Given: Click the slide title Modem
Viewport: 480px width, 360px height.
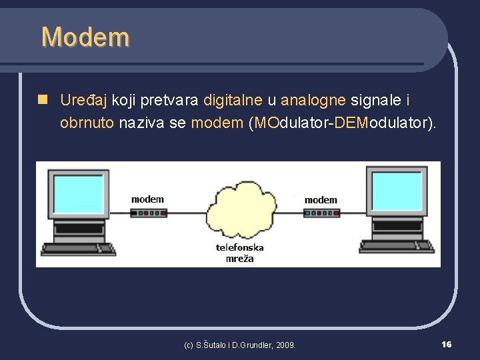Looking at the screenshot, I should pos(85,37).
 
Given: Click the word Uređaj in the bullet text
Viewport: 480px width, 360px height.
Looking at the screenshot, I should pos(85,101).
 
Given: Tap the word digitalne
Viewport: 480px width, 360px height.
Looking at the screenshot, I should pos(233,101).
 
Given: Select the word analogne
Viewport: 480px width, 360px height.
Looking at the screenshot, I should pos(313,101).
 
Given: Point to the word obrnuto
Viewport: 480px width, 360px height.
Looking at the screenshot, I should pos(87,123).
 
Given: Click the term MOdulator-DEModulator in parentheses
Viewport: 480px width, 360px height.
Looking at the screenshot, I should pos(342,123).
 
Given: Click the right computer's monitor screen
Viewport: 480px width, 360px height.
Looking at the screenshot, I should pos(397,191).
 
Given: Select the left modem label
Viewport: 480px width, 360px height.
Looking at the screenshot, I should pos(147,199).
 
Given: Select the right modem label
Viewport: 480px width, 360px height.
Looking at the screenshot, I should pos(321,200).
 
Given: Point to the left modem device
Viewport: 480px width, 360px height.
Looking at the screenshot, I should pos(148,214).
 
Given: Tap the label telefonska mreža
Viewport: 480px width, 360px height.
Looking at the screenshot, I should pos(240,253).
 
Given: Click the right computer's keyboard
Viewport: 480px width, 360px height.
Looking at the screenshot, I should pos(398,247).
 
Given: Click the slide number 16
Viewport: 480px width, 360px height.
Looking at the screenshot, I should pos(446,344).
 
